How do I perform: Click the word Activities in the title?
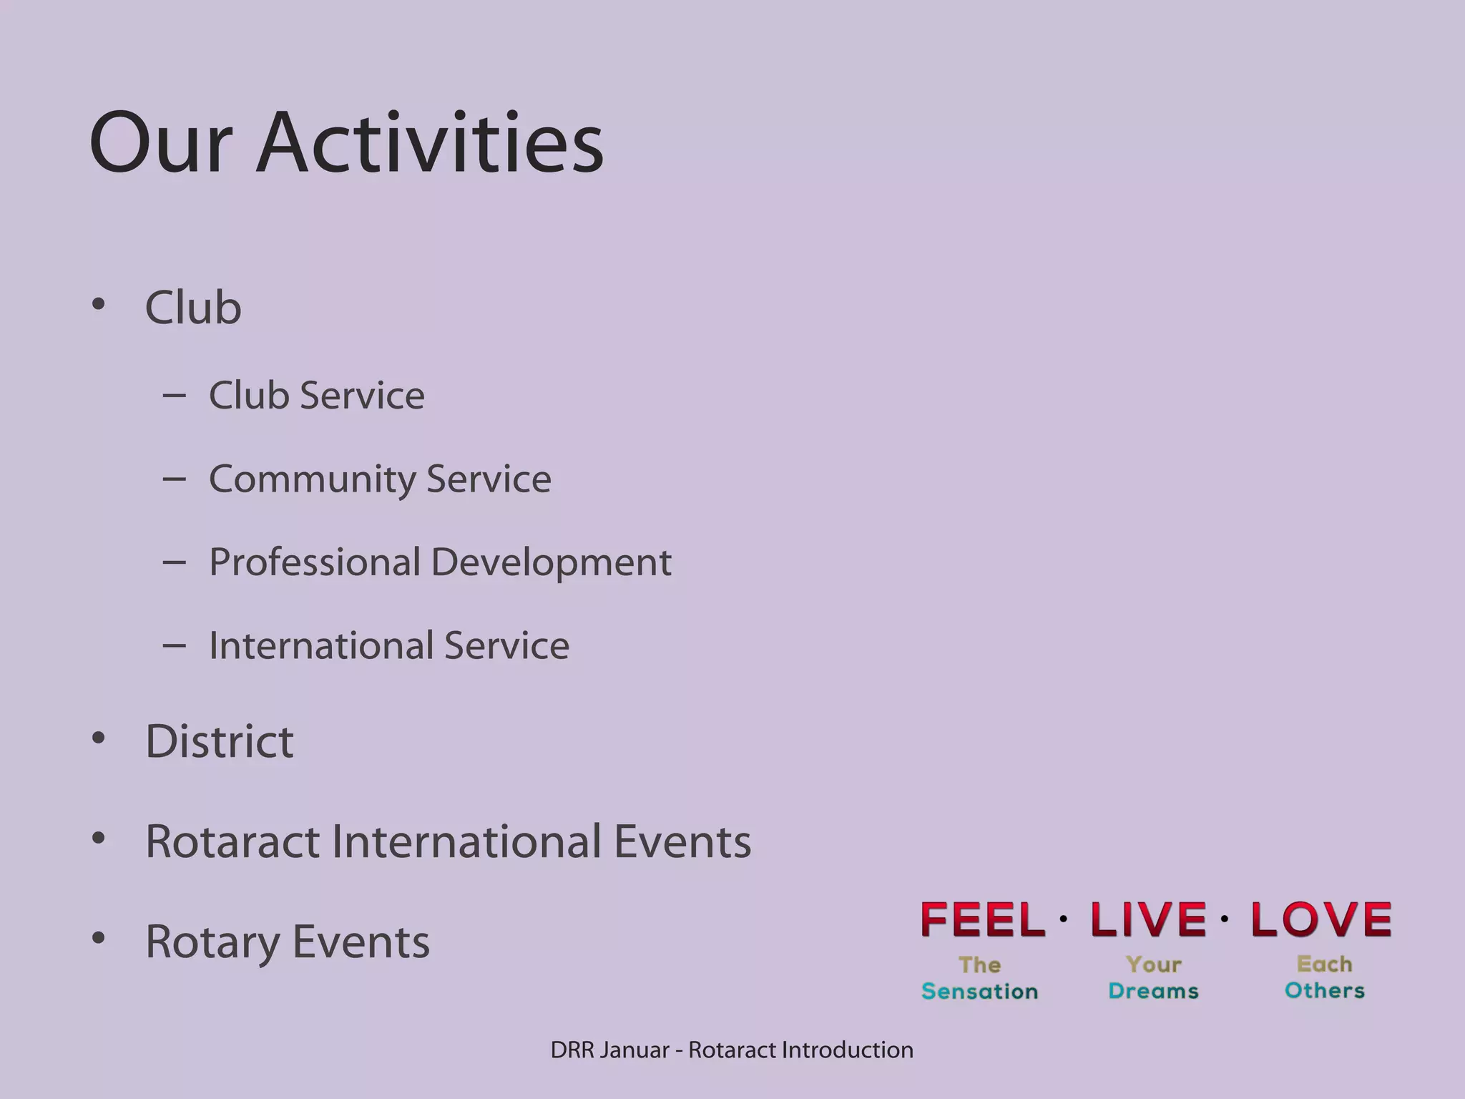(429, 143)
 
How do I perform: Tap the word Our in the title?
(161, 143)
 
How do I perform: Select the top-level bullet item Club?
(193, 308)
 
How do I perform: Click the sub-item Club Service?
(316, 396)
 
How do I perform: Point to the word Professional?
(315, 562)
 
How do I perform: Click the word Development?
(552, 562)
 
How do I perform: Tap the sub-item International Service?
(388, 645)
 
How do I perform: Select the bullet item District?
(219, 741)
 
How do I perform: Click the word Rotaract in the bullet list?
(232, 841)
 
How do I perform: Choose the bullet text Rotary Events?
(287, 942)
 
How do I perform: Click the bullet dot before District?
(99, 738)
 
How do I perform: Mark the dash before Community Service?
(174, 479)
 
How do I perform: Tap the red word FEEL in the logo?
(983, 920)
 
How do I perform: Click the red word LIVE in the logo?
(1147, 920)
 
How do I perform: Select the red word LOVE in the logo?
(1321, 920)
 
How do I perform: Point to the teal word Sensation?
(979, 992)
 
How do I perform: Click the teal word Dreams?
(1153, 992)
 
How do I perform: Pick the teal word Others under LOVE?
(1324, 991)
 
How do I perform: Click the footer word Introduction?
(847, 1050)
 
